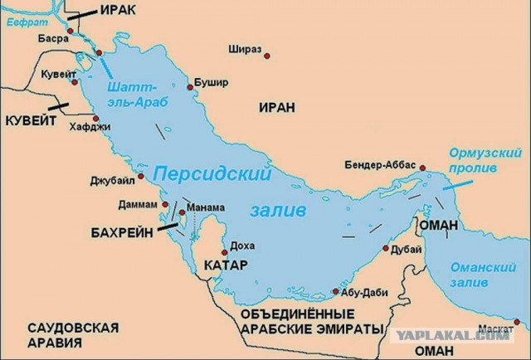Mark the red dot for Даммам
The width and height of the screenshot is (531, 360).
pos(155,201)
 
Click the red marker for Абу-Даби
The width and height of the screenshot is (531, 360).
pos(335,292)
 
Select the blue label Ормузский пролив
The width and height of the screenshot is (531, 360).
pos(474,161)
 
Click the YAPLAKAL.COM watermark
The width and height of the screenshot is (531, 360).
pos(465,336)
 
